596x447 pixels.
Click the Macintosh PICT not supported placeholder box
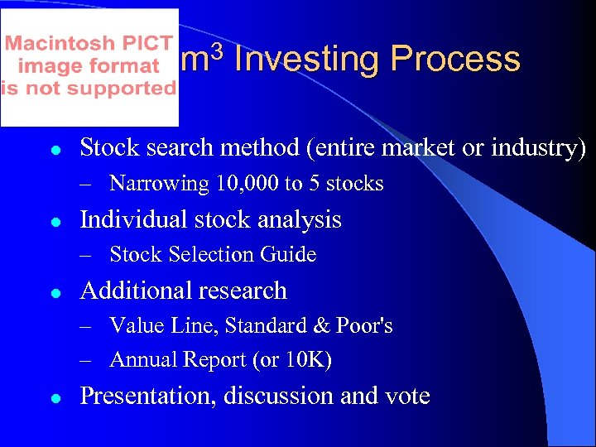pos(89,66)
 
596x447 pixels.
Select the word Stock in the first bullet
pos(106,147)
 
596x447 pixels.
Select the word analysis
pos(300,220)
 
